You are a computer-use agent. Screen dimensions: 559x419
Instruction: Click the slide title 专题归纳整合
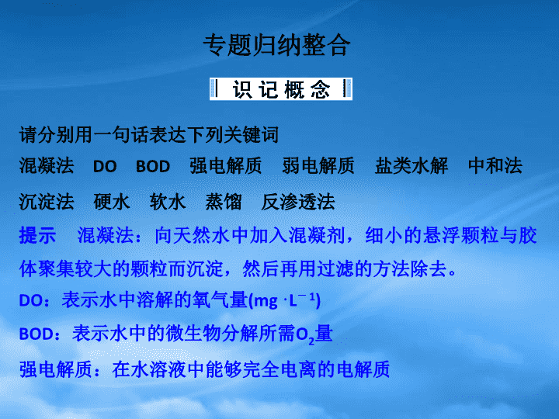click(277, 45)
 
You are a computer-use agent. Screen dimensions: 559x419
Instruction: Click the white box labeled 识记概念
click(281, 89)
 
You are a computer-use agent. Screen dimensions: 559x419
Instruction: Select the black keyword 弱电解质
click(318, 166)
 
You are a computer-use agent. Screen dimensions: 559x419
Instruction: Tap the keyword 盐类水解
click(411, 166)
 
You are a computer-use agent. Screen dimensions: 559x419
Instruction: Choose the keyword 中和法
click(495, 166)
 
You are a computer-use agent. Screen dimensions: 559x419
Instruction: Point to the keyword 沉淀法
click(47, 202)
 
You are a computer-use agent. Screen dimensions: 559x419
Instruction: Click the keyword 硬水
click(112, 202)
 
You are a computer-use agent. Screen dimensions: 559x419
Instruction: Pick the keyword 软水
click(168, 202)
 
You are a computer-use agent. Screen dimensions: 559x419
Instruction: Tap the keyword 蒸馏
click(224, 202)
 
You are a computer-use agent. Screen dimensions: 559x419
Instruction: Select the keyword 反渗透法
click(298, 202)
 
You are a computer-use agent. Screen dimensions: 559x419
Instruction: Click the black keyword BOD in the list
click(153, 166)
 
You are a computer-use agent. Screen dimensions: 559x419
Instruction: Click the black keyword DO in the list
click(105, 166)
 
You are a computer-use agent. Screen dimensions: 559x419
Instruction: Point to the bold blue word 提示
click(37, 236)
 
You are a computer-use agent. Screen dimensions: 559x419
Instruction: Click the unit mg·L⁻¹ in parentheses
click(285, 300)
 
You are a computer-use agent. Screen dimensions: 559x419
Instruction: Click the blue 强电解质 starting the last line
click(56, 369)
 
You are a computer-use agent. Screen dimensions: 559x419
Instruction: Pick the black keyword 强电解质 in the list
click(226, 166)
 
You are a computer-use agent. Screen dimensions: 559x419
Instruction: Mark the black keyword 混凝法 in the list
click(47, 166)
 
